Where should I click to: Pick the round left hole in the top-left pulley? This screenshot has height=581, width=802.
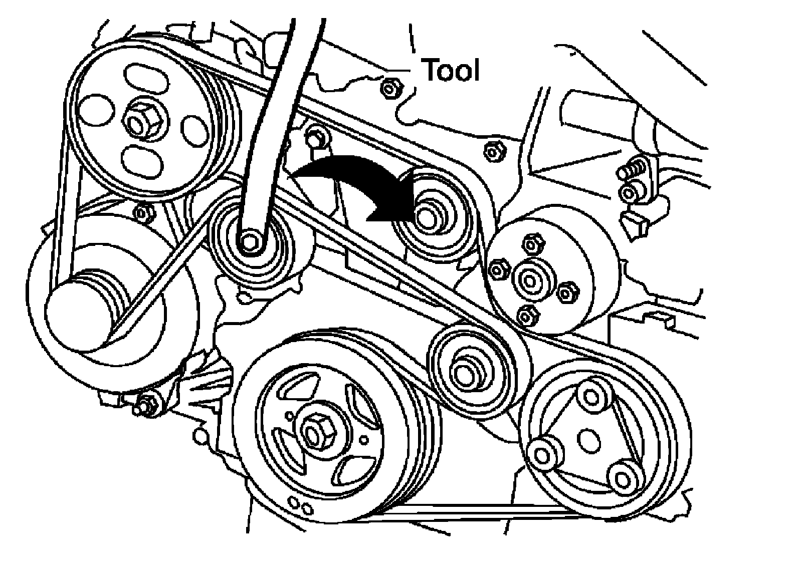point(96,110)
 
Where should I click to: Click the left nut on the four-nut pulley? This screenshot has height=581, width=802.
point(499,270)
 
